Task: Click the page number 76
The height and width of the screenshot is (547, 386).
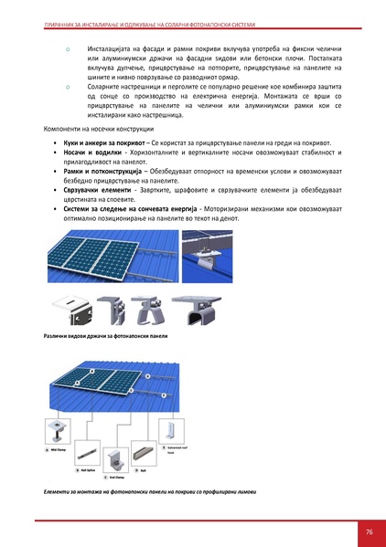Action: [369, 531]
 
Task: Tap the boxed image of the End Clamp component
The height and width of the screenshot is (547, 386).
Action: [114, 458]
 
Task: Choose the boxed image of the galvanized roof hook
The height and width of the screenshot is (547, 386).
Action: [169, 434]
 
